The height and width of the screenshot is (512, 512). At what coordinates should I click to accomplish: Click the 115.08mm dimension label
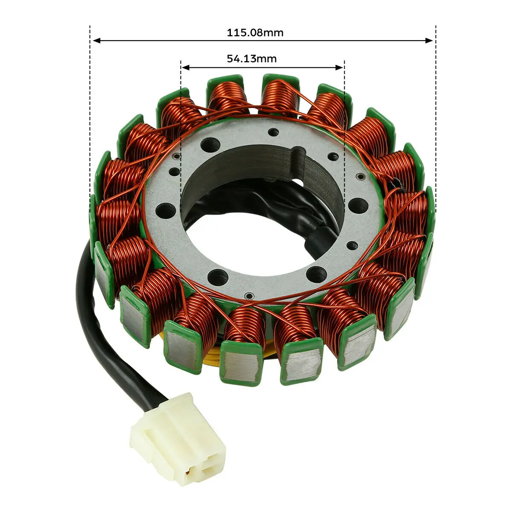[x=255, y=33]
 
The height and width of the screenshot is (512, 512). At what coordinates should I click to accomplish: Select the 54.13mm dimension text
[x=252, y=58]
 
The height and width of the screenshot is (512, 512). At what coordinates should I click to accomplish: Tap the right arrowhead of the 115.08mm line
[x=429, y=41]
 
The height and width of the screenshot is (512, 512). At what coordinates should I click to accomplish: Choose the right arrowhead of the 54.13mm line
[x=339, y=67]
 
